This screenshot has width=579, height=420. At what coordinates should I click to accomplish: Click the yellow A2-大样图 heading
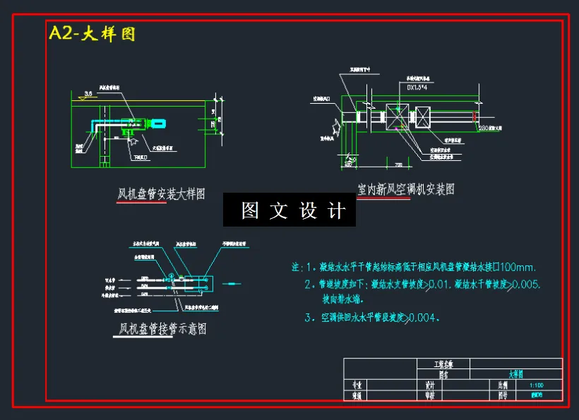(x=91, y=33)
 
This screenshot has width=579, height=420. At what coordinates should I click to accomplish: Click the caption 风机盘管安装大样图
(x=161, y=194)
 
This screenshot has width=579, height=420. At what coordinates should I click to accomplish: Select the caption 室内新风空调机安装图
(x=405, y=189)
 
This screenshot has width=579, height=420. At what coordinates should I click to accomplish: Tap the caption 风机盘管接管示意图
(x=162, y=329)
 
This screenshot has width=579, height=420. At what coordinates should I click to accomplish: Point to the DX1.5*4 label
(x=422, y=88)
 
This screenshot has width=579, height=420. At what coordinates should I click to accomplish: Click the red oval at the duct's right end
(x=475, y=116)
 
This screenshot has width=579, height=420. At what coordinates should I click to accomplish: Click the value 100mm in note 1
(x=518, y=268)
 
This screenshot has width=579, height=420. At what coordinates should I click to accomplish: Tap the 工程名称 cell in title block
(x=443, y=364)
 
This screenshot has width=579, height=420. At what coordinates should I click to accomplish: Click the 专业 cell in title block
(x=357, y=386)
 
